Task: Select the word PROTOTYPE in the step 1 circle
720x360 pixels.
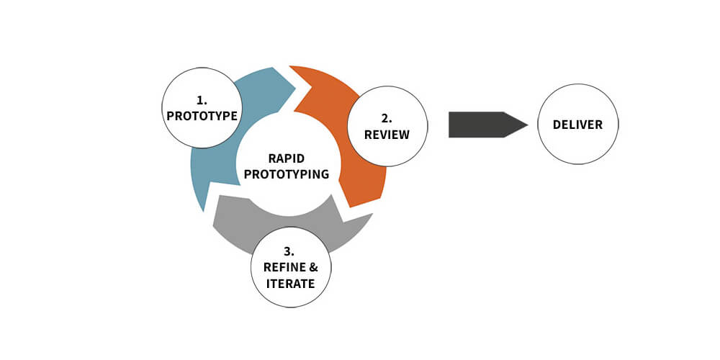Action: [202, 115]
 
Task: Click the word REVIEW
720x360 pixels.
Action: [387, 135]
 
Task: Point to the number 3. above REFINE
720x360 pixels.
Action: [289, 252]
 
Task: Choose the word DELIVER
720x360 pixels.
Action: [577, 125]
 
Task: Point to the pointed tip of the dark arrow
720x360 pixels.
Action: [527, 125]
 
